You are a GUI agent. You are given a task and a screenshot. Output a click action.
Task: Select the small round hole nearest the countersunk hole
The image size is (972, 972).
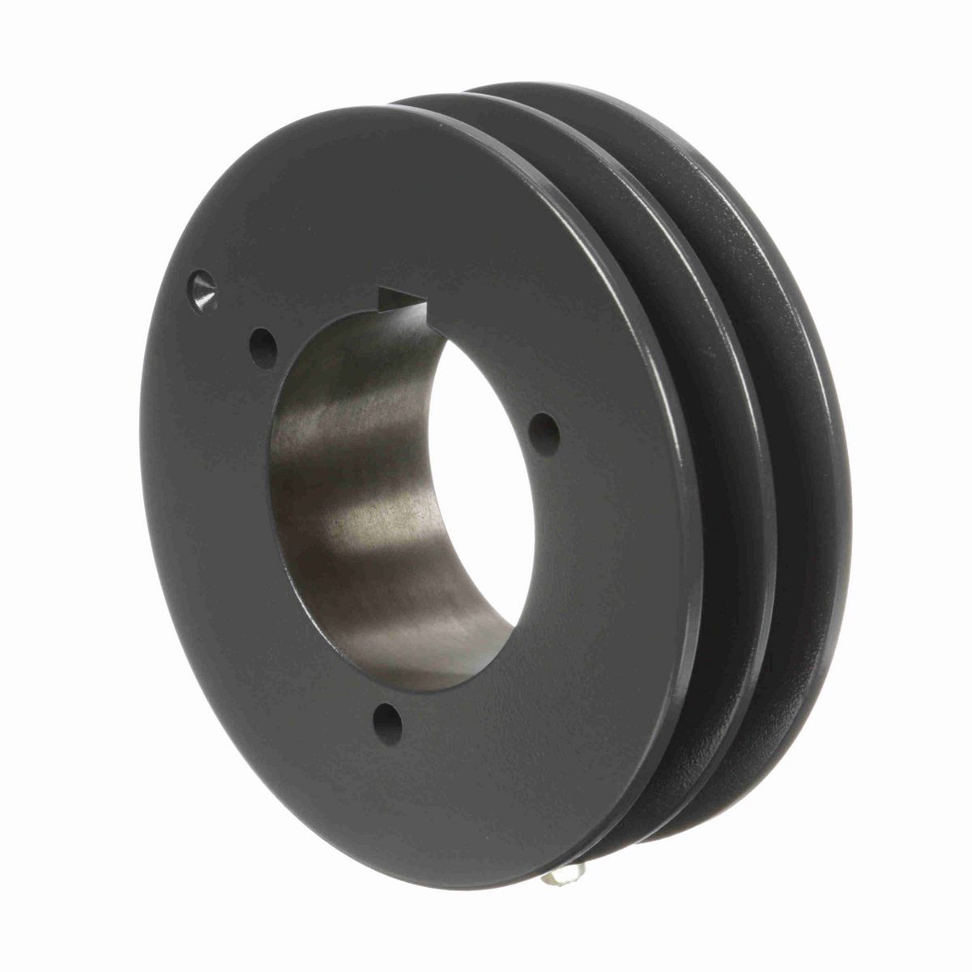click(262, 347)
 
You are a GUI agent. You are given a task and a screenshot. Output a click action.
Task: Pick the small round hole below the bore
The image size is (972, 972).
click(389, 723)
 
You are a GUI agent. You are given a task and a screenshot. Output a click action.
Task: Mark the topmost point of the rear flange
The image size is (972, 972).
click(518, 83)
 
